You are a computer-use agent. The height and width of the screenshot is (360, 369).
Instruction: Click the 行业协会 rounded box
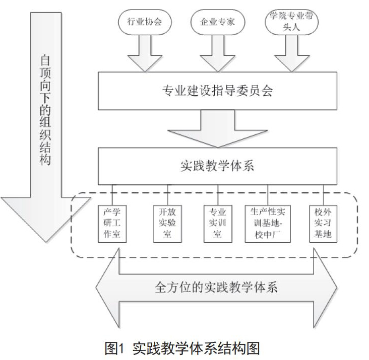coord(145,22)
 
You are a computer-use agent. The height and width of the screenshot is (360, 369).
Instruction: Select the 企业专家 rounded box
coord(218,22)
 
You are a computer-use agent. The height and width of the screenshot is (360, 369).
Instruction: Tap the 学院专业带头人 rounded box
coord(291,22)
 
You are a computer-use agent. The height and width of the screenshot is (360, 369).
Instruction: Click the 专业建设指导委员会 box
coord(218,91)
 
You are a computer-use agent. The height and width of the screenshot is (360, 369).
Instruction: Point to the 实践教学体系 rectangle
coord(218,166)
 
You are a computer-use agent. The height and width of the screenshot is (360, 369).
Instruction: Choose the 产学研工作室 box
coord(112,224)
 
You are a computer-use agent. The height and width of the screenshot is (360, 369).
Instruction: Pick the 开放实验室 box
coord(167,224)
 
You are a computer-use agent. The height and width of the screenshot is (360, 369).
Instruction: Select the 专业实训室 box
coord(218,224)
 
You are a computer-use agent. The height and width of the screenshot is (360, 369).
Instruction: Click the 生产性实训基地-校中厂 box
coord(268,224)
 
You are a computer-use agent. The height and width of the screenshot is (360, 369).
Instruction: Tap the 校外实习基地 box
coord(323,224)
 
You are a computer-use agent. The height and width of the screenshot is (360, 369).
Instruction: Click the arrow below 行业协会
coord(145,53)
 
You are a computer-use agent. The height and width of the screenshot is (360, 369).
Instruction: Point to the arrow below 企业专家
coord(218,53)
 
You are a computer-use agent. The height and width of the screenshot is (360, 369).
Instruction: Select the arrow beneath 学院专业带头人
coord(292,53)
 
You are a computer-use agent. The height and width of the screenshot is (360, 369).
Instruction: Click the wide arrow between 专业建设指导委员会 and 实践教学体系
coord(218,129)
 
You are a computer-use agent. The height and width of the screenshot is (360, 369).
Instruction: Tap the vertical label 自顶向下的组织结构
coord(45,110)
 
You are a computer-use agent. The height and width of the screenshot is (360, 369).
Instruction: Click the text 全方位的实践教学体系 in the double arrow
coord(216,287)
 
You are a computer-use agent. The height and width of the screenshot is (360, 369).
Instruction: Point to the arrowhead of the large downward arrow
coord(46,219)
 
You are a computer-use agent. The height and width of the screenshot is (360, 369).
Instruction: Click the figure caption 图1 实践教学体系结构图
coord(182,348)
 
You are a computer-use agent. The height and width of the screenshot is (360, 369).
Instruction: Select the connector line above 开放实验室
coord(167,195)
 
